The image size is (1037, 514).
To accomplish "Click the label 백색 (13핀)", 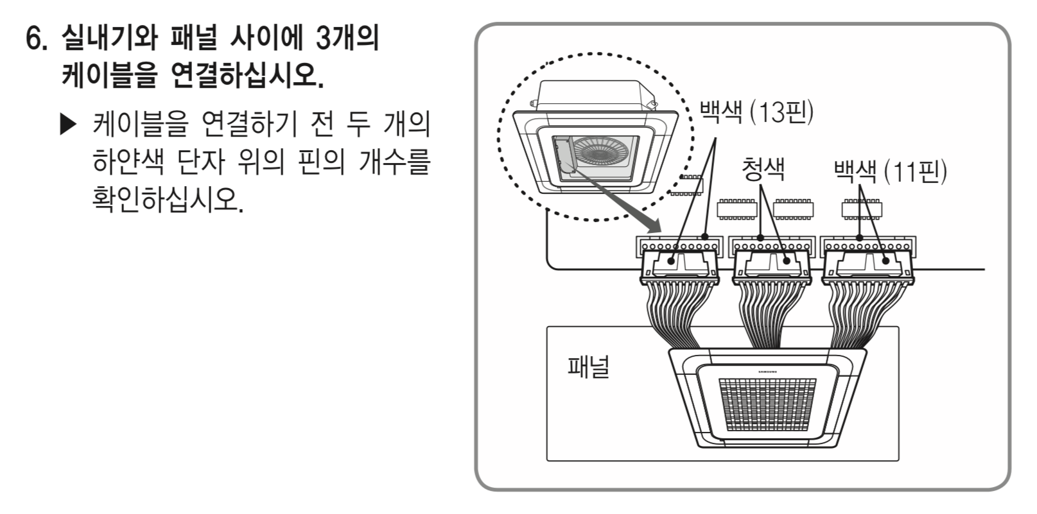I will click(756, 113).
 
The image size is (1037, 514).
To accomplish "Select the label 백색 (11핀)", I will click(889, 171).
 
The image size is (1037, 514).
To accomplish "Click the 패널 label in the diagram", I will click(588, 367).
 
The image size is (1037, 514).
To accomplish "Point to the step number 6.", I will click(38, 40).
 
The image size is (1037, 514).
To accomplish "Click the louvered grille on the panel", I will click(767, 404).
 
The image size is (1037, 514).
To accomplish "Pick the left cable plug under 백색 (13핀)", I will click(679, 265).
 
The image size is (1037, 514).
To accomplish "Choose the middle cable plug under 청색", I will click(771, 265).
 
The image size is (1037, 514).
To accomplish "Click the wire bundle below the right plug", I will click(857, 314).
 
